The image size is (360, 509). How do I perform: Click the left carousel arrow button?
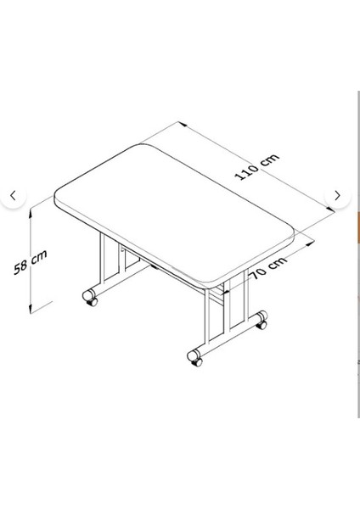coord(13,196)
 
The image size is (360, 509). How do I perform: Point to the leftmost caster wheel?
coord(88,297)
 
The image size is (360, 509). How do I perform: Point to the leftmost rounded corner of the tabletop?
coord(57,197)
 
